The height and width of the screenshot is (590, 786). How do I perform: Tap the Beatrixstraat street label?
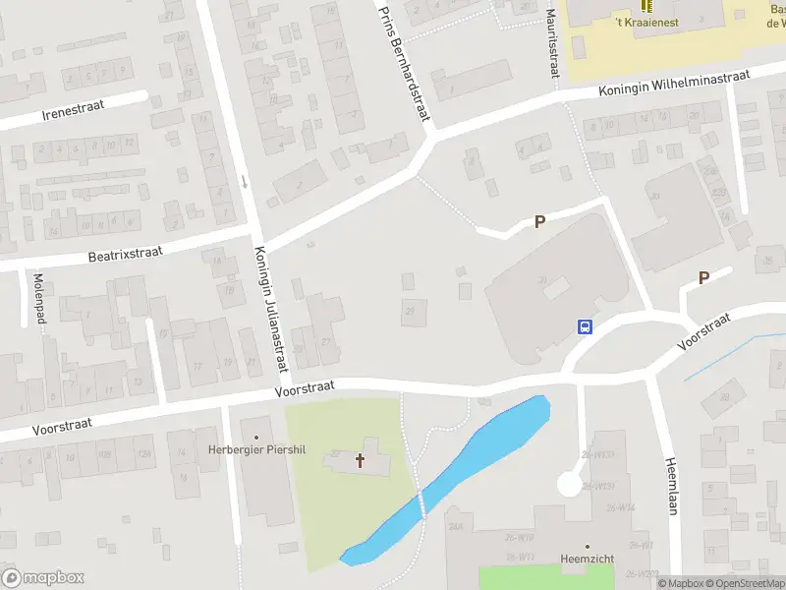point(125,254)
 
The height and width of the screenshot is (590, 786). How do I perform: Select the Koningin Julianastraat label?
point(270,309)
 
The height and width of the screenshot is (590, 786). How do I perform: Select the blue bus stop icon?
point(585,327)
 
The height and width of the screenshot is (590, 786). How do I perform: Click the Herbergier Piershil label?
point(257,450)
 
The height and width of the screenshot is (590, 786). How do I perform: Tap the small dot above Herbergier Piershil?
point(257,437)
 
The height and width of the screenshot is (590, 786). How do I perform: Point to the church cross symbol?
point(360,460)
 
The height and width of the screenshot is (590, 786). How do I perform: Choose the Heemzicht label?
point(589,559)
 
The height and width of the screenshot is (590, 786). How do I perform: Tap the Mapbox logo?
point(42,578)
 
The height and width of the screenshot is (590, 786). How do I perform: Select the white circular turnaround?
point(569,484)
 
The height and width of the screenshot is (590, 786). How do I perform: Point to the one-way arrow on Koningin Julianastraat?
point(245,181)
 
